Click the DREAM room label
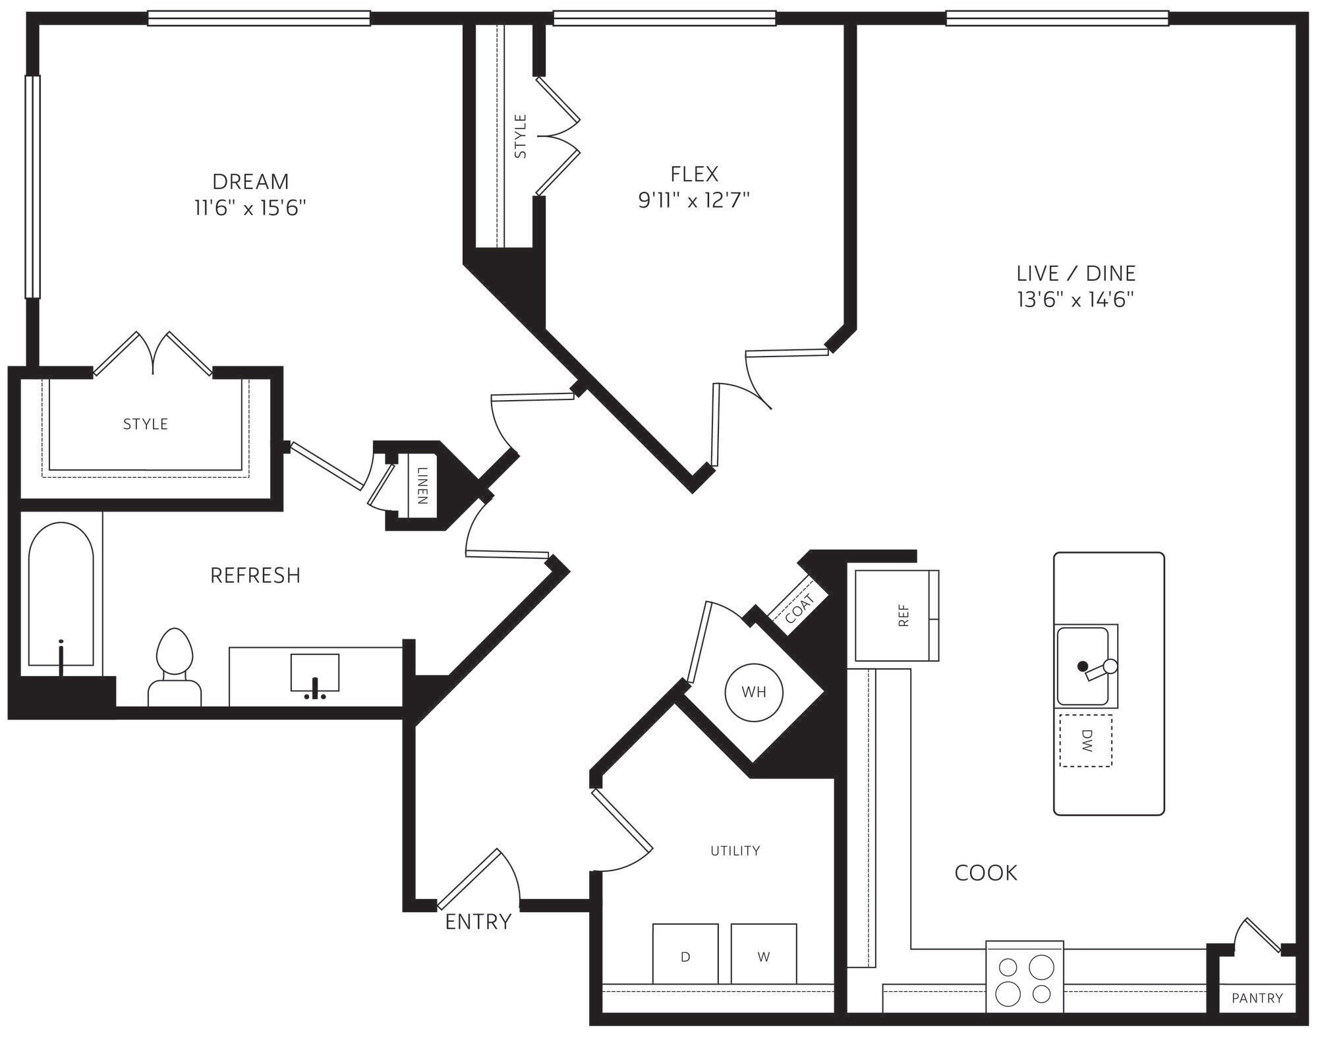point(250,181)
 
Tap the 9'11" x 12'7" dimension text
point(694,200)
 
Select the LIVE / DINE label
point(1075,273)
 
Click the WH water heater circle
point(754,692)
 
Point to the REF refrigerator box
point(896,615)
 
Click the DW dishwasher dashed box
point(1085,741)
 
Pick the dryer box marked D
point(685,956)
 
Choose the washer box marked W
point(763,956)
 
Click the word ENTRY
point(478,921)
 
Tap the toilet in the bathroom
point(175,669)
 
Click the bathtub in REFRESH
point(61,593)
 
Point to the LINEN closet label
point(422,486)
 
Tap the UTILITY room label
point(735,851)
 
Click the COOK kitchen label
point(986,873)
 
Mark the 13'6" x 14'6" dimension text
point(1075,301)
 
